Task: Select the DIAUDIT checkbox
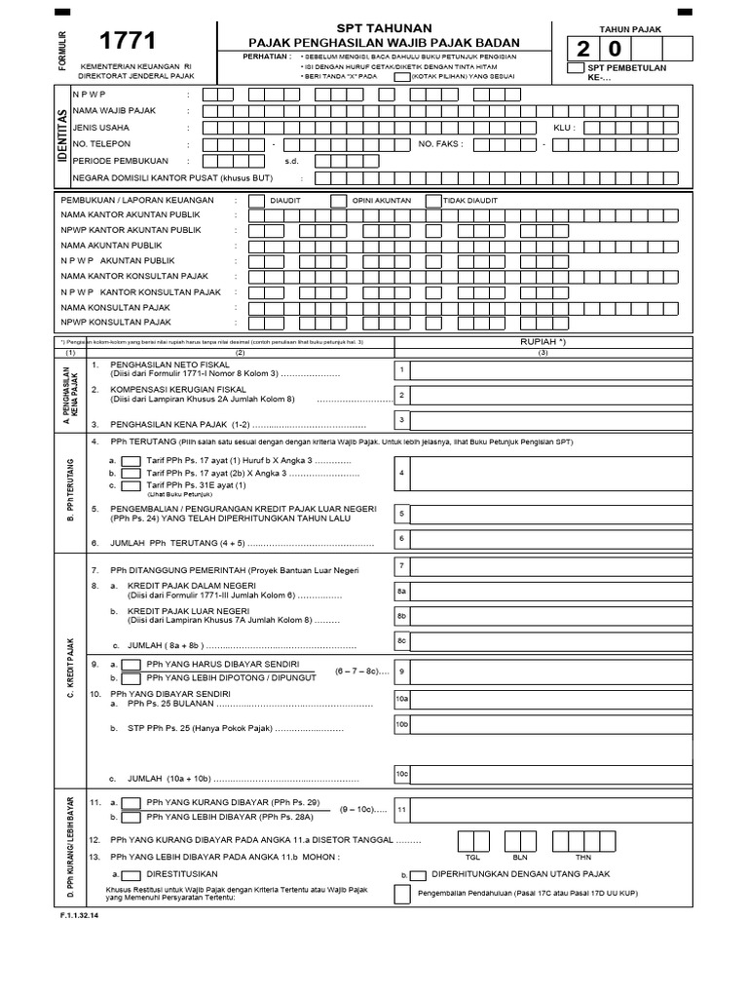(256, 200)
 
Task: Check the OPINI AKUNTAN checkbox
(338, 200)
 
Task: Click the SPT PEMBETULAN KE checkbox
(577, 67)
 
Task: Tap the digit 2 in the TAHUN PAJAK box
(583, 48)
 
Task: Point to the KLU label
(565, 128)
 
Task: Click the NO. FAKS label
(440, 143)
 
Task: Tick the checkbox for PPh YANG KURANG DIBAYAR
(131, 801)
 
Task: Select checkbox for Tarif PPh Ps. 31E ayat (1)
(131, 484)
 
